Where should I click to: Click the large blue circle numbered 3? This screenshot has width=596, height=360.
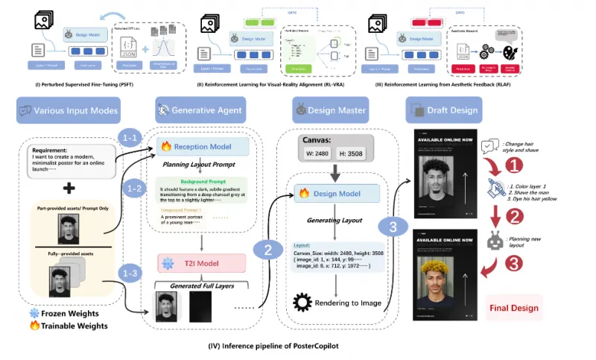coord(395,224)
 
